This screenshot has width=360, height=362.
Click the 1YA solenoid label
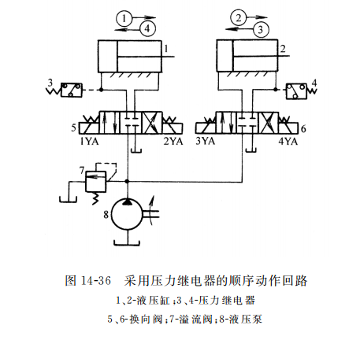point(88,142)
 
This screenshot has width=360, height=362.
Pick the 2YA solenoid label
point(173,142)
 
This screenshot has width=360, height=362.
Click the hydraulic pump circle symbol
point(128,212)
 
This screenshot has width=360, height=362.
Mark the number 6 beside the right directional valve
point(303,126)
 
